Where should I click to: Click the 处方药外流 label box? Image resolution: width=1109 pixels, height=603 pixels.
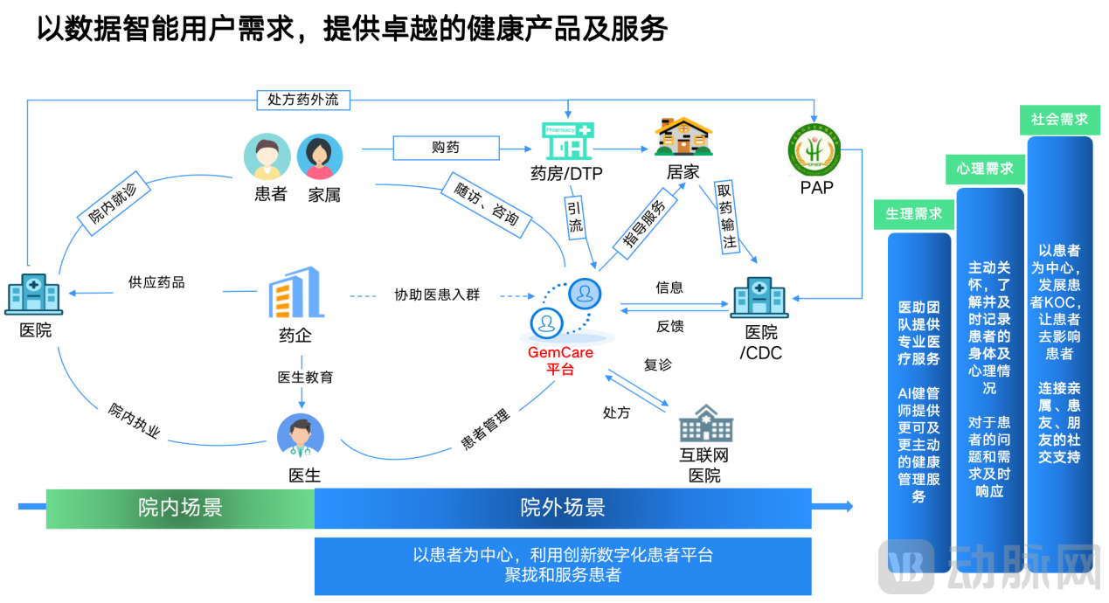[303, 100]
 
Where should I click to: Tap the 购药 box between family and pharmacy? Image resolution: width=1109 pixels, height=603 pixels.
[446, 148]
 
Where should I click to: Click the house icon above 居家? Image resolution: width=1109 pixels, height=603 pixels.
[683, 137]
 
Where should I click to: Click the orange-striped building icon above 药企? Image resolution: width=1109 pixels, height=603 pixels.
[295, 293]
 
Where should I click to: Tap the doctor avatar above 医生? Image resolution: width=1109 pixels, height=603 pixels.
[301, 437]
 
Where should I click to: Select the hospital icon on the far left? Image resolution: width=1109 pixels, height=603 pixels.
[33, 294]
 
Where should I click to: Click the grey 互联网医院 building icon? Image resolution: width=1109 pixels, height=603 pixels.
[705, 424]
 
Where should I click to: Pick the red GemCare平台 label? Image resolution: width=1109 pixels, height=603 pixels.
[560, 360]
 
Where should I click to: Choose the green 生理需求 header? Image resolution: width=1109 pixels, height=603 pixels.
[913, 214]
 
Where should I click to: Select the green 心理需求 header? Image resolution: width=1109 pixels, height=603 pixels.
[985, 168]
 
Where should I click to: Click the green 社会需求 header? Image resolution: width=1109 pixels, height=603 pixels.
[1059, 120]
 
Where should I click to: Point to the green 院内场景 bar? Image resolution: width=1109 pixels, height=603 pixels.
[180, 508]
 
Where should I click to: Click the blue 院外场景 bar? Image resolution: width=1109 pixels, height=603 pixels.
[563, 508]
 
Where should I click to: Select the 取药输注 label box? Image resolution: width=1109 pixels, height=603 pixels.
[726, 217]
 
